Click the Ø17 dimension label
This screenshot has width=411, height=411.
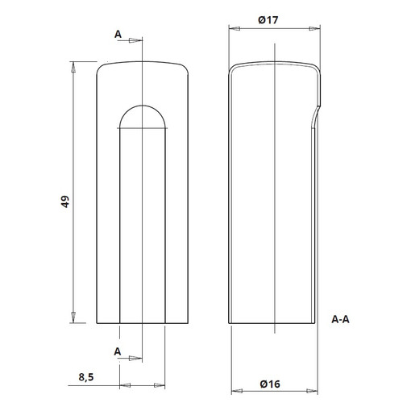(x=268, y=20)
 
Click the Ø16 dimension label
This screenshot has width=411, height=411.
(x=270, y=384)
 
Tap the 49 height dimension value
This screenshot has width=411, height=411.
(x=65, y=201)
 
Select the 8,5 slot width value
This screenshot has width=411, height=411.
(x=86, y=377)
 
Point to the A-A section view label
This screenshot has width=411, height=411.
(x=340, y=319)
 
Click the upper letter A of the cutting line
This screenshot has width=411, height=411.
(x=118, y=35)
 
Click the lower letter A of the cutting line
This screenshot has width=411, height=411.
(x=118, y=351)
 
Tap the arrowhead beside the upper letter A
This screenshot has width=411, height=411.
(x=135, y=40)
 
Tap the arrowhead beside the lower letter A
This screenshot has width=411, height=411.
(x=135, y=358)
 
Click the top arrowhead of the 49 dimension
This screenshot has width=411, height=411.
(x=73, y=67)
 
